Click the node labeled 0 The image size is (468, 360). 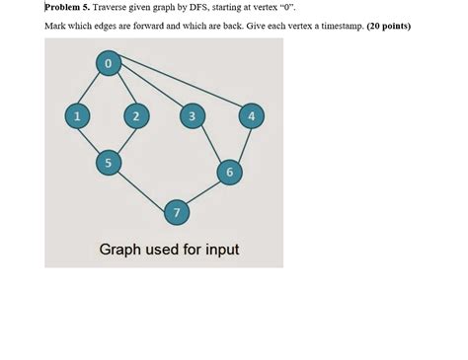point(108,64)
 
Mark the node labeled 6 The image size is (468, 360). point(230,172)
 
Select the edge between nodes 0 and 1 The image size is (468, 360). point(92,90)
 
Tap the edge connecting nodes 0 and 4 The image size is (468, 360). point(180,90)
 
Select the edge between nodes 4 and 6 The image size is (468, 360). point(241,144)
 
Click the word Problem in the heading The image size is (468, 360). point(63,6)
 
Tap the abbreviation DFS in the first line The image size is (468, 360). point(232,6)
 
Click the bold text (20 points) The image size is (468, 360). point(388,26)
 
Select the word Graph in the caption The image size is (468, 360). point(120,249)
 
